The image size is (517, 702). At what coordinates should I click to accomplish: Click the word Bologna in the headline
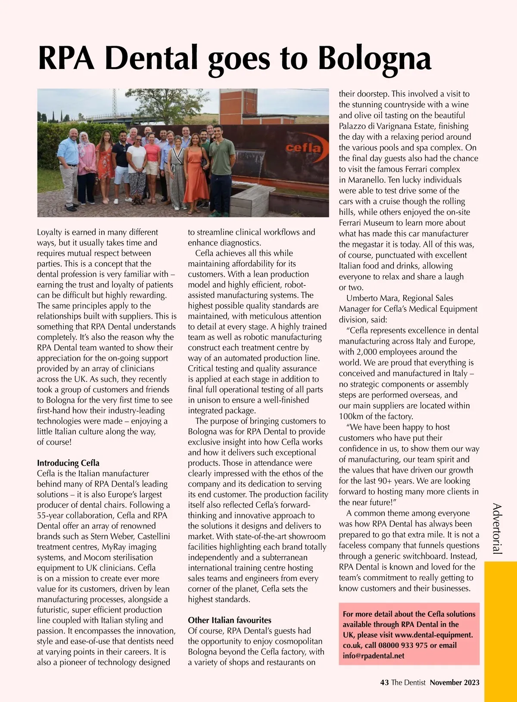pos(374,58)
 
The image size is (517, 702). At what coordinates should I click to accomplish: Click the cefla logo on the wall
pos(303,147)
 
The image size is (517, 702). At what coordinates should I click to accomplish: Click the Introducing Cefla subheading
pos(68,463)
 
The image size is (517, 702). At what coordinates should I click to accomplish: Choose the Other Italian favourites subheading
pos(229,620)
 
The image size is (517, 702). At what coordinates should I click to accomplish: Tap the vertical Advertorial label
pos(497,528)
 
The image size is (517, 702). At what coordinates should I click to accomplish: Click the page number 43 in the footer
pos(384,683)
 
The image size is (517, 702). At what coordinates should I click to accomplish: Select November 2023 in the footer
pos(455,683)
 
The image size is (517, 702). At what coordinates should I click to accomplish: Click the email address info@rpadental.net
pos(374,656)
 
